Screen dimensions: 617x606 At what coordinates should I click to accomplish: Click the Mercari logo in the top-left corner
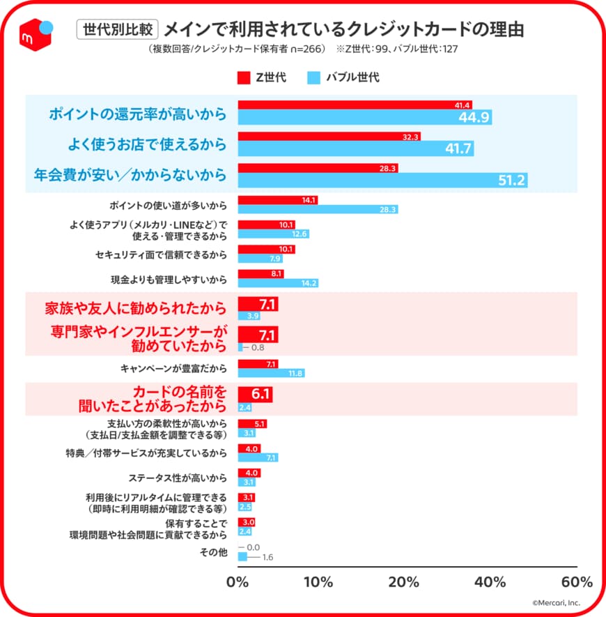tap(34, 32)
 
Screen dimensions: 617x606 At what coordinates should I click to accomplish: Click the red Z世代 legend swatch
tap(244, 77)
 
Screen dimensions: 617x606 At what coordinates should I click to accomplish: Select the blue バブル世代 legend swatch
tap(314, 77)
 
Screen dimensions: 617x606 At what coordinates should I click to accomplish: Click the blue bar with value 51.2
tap(382, 181)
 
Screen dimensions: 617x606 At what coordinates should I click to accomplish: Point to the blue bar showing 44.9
tap(364, 117)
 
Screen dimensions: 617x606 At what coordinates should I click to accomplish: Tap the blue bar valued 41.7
tap(355, 148)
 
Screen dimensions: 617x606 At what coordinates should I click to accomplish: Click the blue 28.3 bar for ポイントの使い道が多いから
tap(318, 209)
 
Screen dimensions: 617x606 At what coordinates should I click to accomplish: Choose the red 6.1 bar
tap(255, 395)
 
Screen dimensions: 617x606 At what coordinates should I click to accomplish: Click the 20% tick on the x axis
tap(403, 582)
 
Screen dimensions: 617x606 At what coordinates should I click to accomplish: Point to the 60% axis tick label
tap(576, 582)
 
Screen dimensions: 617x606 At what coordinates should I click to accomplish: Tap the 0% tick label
tap(238, 582)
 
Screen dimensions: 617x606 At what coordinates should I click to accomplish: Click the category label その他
tap(214, 553)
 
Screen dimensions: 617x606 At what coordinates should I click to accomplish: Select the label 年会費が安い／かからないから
tap(130, 175)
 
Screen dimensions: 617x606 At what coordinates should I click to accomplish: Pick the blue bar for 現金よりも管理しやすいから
tap(278, 283)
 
